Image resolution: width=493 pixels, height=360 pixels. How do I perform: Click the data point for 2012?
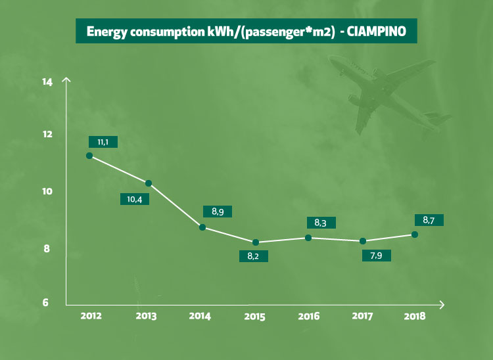pyautogui.click(x=89, y=156)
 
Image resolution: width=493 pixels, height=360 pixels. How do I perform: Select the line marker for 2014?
pyautogui.click(x=202, y=227)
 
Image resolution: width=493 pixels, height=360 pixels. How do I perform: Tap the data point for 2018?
pyautogui.click(x=415, y=235)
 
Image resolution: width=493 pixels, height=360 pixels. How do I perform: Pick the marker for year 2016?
pyautogui.click(x=308, y=237)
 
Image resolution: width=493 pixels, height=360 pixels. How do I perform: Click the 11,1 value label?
pyautogui.click(x=103, y=142)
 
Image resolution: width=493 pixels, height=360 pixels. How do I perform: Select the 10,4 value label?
pyautogui.click(x=133, y=199)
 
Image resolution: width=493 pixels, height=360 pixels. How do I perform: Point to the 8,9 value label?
pyautogui.click(x=218, y=212)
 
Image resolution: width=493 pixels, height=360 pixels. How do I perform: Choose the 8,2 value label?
pyautogui.click(x=254, y=256)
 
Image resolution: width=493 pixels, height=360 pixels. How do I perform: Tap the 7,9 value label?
pyautogui.click(x=377, y=254)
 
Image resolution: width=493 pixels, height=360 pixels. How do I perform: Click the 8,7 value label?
pyautogui.click(x=428, y=221)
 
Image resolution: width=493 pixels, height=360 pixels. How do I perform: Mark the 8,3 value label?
pyautogui.click(x=321, y=223)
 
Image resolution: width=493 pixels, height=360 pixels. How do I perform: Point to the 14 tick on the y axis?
pyautogui.click(x=47, y=82)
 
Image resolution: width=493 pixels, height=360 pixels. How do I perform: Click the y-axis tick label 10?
pyautogui.click(x=47, y=191)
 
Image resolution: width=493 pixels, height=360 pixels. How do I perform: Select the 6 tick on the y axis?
pyautogui.click(x=47, y=303)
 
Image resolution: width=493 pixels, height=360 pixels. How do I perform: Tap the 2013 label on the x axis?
pyautogui.click(x=145, y=316)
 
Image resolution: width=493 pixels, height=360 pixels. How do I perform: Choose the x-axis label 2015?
pyautogui.click(x=254, y=317)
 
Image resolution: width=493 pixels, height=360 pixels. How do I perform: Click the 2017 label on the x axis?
pyautogui.click(x=362, y=316)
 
